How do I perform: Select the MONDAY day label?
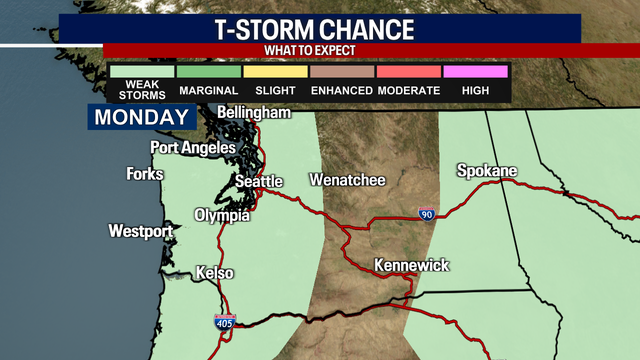coord(142,117)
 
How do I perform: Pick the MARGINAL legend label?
coord(208,91)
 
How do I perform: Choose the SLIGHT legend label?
coord(274,91)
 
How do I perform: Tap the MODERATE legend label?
coord(408,91)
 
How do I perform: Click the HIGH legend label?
coord(475,91)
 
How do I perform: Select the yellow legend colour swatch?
coord(274,71)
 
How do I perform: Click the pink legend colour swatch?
coord(475,71)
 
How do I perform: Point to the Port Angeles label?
coord(193,148)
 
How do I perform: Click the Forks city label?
coord(145,174)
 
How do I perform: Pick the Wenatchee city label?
coord(347,181)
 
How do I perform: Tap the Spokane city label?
coord(487,171)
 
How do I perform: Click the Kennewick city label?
coord(412,266)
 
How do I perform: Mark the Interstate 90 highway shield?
coord(426,213)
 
